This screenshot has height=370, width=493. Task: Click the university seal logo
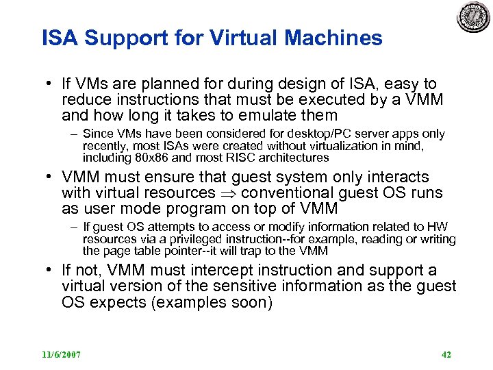tap(474, 18)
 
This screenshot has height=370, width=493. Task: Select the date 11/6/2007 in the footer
tap(61, 355)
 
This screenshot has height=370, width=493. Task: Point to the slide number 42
tap(446, 355)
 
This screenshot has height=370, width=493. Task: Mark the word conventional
tap(288, 193)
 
